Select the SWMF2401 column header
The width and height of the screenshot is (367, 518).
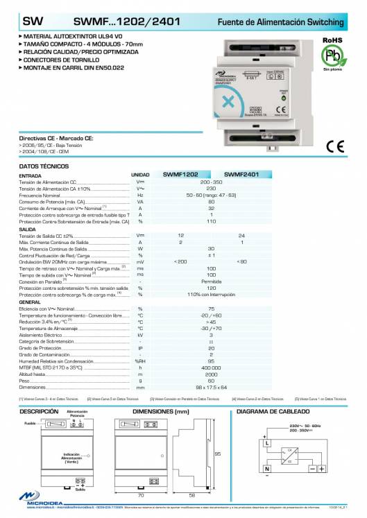241,175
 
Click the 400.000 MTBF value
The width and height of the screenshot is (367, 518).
211,368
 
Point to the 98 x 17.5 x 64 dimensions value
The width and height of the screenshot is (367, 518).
211,387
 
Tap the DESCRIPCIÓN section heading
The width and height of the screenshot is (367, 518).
39,411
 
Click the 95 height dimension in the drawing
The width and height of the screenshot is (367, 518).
217,454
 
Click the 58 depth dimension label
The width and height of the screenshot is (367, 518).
191,496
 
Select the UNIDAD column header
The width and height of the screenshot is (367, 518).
140,175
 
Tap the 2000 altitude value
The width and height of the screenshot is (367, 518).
211,374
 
